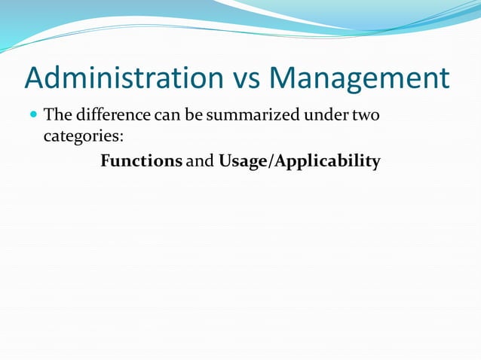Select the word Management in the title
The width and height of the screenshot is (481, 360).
click(359, 79)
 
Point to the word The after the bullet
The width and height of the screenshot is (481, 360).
click(57, 116)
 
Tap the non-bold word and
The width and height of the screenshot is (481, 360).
click(200, 161)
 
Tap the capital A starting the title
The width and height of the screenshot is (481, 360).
click(36, 79)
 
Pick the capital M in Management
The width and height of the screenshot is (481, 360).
click(284, 79)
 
